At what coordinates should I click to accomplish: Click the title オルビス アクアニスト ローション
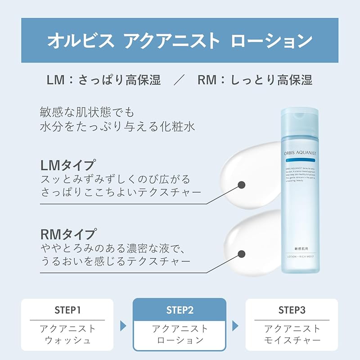(180, 40)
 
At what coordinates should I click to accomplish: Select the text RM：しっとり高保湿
(255, 80)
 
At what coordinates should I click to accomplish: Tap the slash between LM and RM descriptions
(179, 80)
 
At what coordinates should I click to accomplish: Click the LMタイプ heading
(67, 164)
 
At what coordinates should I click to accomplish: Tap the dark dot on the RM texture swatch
(241, 255)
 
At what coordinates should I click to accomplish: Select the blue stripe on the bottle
(300, 160)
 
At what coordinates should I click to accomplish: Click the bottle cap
(299, 121)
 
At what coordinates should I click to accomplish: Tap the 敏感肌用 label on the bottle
(300, 248)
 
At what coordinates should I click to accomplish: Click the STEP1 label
(67, 310)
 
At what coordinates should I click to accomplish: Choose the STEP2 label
(180, 310)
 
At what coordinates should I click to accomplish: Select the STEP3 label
(292, 310)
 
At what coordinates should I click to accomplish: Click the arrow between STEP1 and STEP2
(123, 325)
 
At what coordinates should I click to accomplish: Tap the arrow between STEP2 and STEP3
(235, 325)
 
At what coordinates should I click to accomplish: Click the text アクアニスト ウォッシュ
(67, 334)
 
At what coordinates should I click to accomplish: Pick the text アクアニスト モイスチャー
(292, 334)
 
